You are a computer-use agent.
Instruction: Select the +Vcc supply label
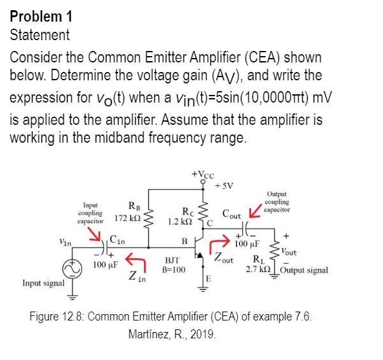203,175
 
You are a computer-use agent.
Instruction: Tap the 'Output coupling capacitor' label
277,202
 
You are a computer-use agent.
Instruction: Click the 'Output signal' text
304,270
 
